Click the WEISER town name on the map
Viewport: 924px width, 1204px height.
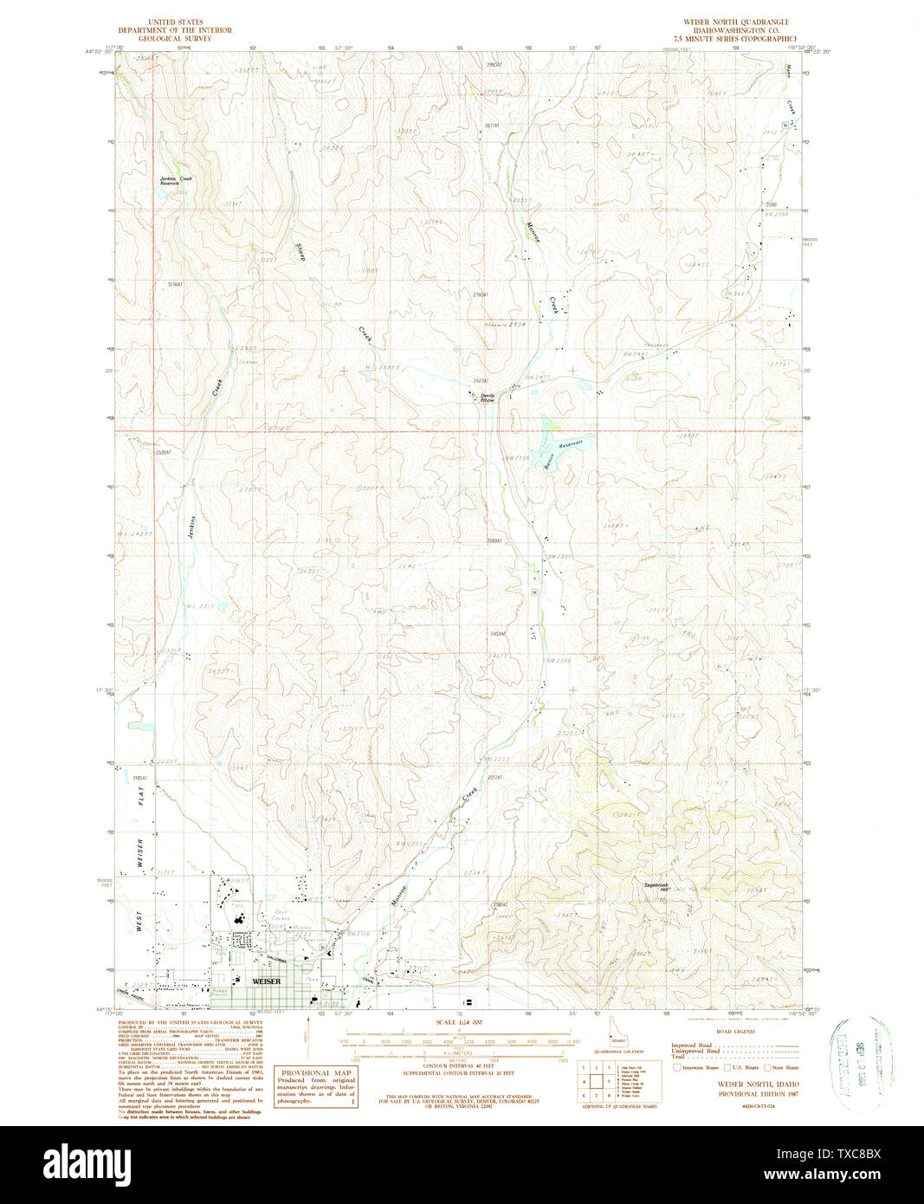[266, 981]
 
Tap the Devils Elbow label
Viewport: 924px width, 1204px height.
[488, 398]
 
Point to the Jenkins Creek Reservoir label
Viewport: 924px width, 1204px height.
[176, 180]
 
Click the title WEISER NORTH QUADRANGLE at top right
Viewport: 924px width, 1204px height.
[735, 22]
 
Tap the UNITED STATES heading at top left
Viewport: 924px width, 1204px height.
[175, 22]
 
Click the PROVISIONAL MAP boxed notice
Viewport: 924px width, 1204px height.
[315, 1087]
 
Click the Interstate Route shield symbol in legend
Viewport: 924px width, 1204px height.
[679, 1068]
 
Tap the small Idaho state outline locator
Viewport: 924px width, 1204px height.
[613, 1027]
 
